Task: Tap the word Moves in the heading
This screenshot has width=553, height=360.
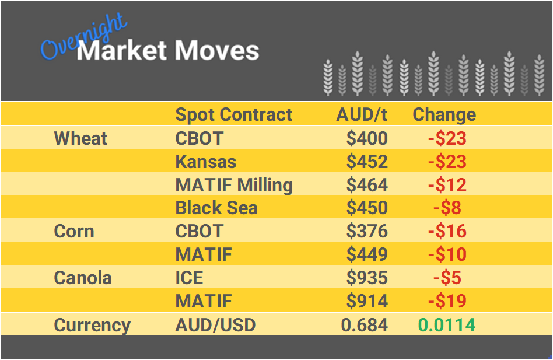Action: click(x=216, y=51)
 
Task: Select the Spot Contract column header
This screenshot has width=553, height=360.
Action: click(x=233, y=114)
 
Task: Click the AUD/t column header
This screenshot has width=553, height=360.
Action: click(x=362, y=114)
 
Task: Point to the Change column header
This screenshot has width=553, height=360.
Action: click(x=444, y=114)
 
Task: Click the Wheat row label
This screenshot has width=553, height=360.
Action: click(x=80, y=138)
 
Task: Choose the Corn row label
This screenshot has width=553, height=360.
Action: click(x=73, y=231)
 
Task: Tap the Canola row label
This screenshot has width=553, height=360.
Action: click(x=82, y=278)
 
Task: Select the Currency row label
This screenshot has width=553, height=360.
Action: click(x=92, y=325)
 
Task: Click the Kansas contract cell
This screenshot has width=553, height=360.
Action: click(x=206, y=162)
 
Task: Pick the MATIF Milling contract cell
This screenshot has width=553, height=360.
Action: click(x=234, y=185)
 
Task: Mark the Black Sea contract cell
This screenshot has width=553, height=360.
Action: click(x=216, y=208)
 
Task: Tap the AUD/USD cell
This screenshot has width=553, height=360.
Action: click(x=215, y=325)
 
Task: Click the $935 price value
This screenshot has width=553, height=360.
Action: click(x=367, y=278)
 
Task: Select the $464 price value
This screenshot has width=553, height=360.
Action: click(x=367, y=185)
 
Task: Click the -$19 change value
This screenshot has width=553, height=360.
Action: click(x=447, y=301)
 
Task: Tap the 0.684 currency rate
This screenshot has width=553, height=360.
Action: click(x=364, y=325)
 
